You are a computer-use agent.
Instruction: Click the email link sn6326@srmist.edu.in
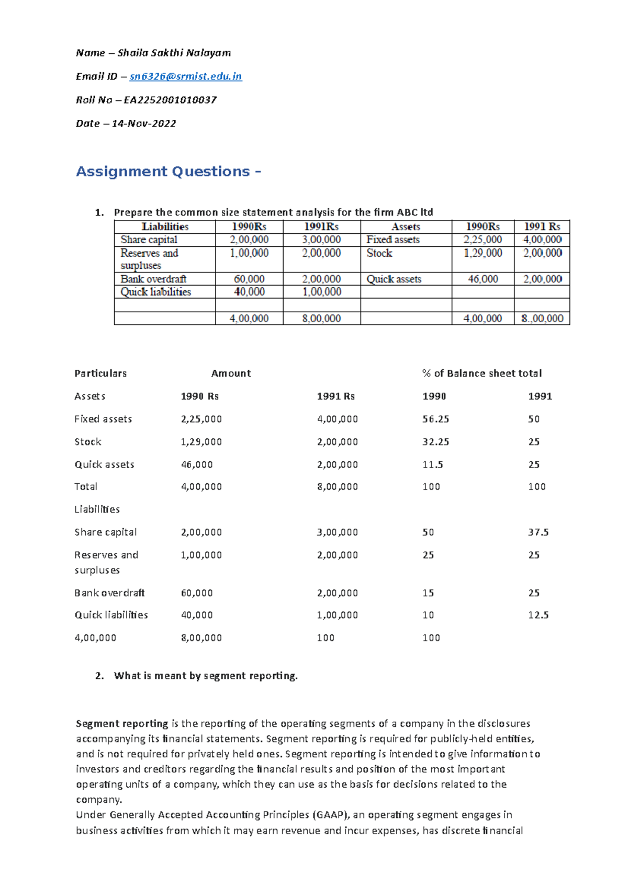click(185, 76)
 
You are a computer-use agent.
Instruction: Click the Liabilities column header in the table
click(165, 226)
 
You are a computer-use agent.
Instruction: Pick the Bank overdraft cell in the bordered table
click(153, 279)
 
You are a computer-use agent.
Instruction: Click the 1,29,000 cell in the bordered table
click(483, 253)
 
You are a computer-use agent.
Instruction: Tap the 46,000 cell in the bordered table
click(483, 279)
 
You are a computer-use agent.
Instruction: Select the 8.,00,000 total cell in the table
click(542, 318)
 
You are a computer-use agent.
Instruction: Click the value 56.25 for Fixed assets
click(435, 419)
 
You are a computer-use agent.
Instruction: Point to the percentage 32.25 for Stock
click(435, 442)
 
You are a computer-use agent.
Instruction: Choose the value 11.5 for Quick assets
click(432, 464)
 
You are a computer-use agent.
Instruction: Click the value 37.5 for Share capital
click(538, 532)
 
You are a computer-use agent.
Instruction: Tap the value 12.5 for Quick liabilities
click(538, 615)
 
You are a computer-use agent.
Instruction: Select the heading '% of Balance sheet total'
click(481, 373)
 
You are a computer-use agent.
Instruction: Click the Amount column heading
click(231, 373)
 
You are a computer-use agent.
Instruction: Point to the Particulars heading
click(100, 373)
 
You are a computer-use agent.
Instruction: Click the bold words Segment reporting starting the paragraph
click(122, 724)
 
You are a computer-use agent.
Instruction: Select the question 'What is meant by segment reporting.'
click(206, 676)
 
